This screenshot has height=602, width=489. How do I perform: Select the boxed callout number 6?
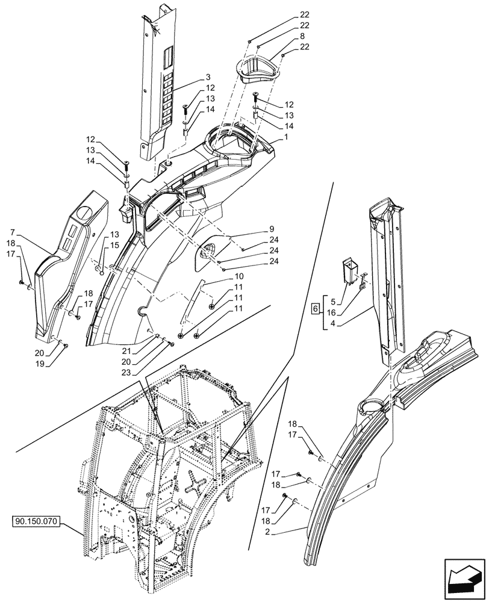point(314,309)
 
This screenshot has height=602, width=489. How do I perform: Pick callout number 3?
point(208,77)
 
